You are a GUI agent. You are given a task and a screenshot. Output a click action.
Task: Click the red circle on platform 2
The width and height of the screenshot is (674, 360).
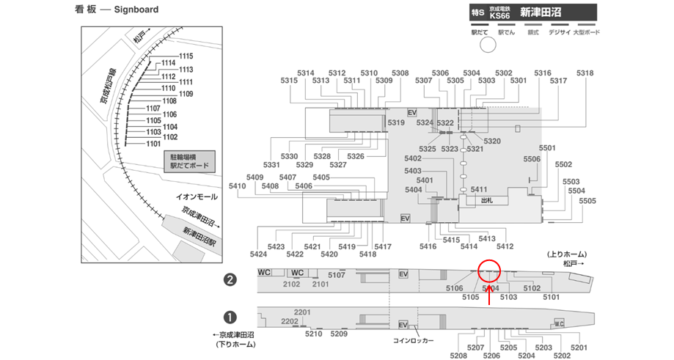[488, 271]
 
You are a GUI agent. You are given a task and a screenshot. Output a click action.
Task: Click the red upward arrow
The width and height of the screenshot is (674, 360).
[489, 293]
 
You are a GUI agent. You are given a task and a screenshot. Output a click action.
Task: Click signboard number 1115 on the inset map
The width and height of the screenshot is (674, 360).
[186, 56]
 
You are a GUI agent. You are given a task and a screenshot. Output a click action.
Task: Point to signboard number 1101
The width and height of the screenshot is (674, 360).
[153, 144]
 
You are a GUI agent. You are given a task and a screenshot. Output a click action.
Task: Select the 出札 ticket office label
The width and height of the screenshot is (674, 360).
[486, 199]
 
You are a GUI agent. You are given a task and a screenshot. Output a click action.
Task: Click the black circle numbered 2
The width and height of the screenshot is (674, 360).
[230, 279]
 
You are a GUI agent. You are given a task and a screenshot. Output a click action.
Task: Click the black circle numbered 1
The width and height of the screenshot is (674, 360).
[230, 317]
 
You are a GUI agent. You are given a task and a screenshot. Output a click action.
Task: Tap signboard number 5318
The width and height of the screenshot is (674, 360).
[585, 73]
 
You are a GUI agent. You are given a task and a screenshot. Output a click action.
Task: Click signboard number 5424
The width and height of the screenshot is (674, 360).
[258, 254]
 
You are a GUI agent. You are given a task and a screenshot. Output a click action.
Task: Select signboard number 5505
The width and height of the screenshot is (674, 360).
[587, 201]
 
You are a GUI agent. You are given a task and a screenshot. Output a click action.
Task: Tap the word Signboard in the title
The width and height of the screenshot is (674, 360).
[136, 10]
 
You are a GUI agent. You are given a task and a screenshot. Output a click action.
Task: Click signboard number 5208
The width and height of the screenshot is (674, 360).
[458, 356]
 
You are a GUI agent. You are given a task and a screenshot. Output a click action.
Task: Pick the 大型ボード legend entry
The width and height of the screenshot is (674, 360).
[581, 32]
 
